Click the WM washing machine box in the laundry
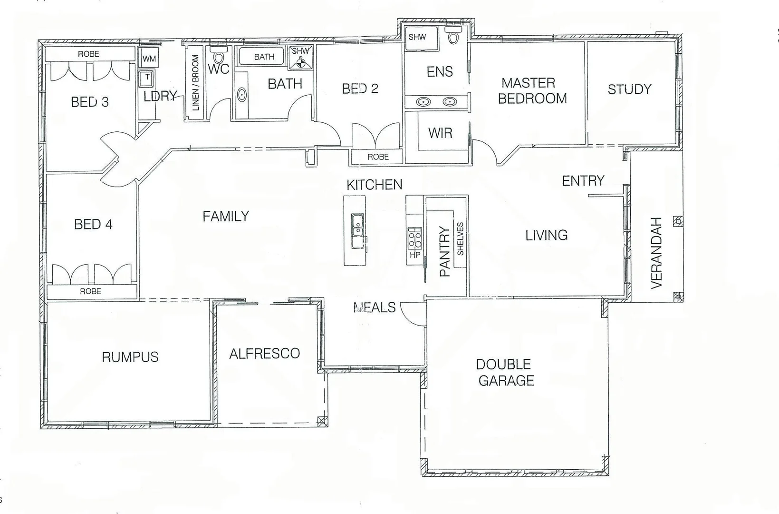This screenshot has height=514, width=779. pyautogui.click(x=149, y=59)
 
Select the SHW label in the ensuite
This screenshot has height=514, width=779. pyautogui.click(x=417, y=37)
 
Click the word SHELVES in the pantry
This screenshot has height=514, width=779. pyautogui.click(x=460, y=239)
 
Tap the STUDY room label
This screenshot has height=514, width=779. pyautogui.click(x=629, y=89)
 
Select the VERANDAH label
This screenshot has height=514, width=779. pyautogui.click(x=656, y=253)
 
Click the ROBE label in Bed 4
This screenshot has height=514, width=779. pyautogui.click(x=90, y=291)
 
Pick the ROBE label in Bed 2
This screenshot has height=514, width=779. pyautogui.click(x=378, y=157)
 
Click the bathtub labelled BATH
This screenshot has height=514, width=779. pyautogui.click(x=264, y=57)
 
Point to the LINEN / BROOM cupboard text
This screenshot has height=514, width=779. pyautogui.click(x=195, y=83)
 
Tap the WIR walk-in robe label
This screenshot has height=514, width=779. pyautogui.click(x=440, y=133)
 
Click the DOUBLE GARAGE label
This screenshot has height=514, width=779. pyautogui.click(x=505, y=372)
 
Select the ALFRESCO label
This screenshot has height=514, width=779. pyautogui.click(x=265, y=354)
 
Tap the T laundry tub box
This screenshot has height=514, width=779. pyautogui.click(x=147, y=78)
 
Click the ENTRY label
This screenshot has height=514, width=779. pyautogui.click(x=583, y=181)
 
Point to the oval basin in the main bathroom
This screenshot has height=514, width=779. pyautogui.click(x=242, y=95)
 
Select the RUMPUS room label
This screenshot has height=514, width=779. pyautogui.click(x=130, y=357)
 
